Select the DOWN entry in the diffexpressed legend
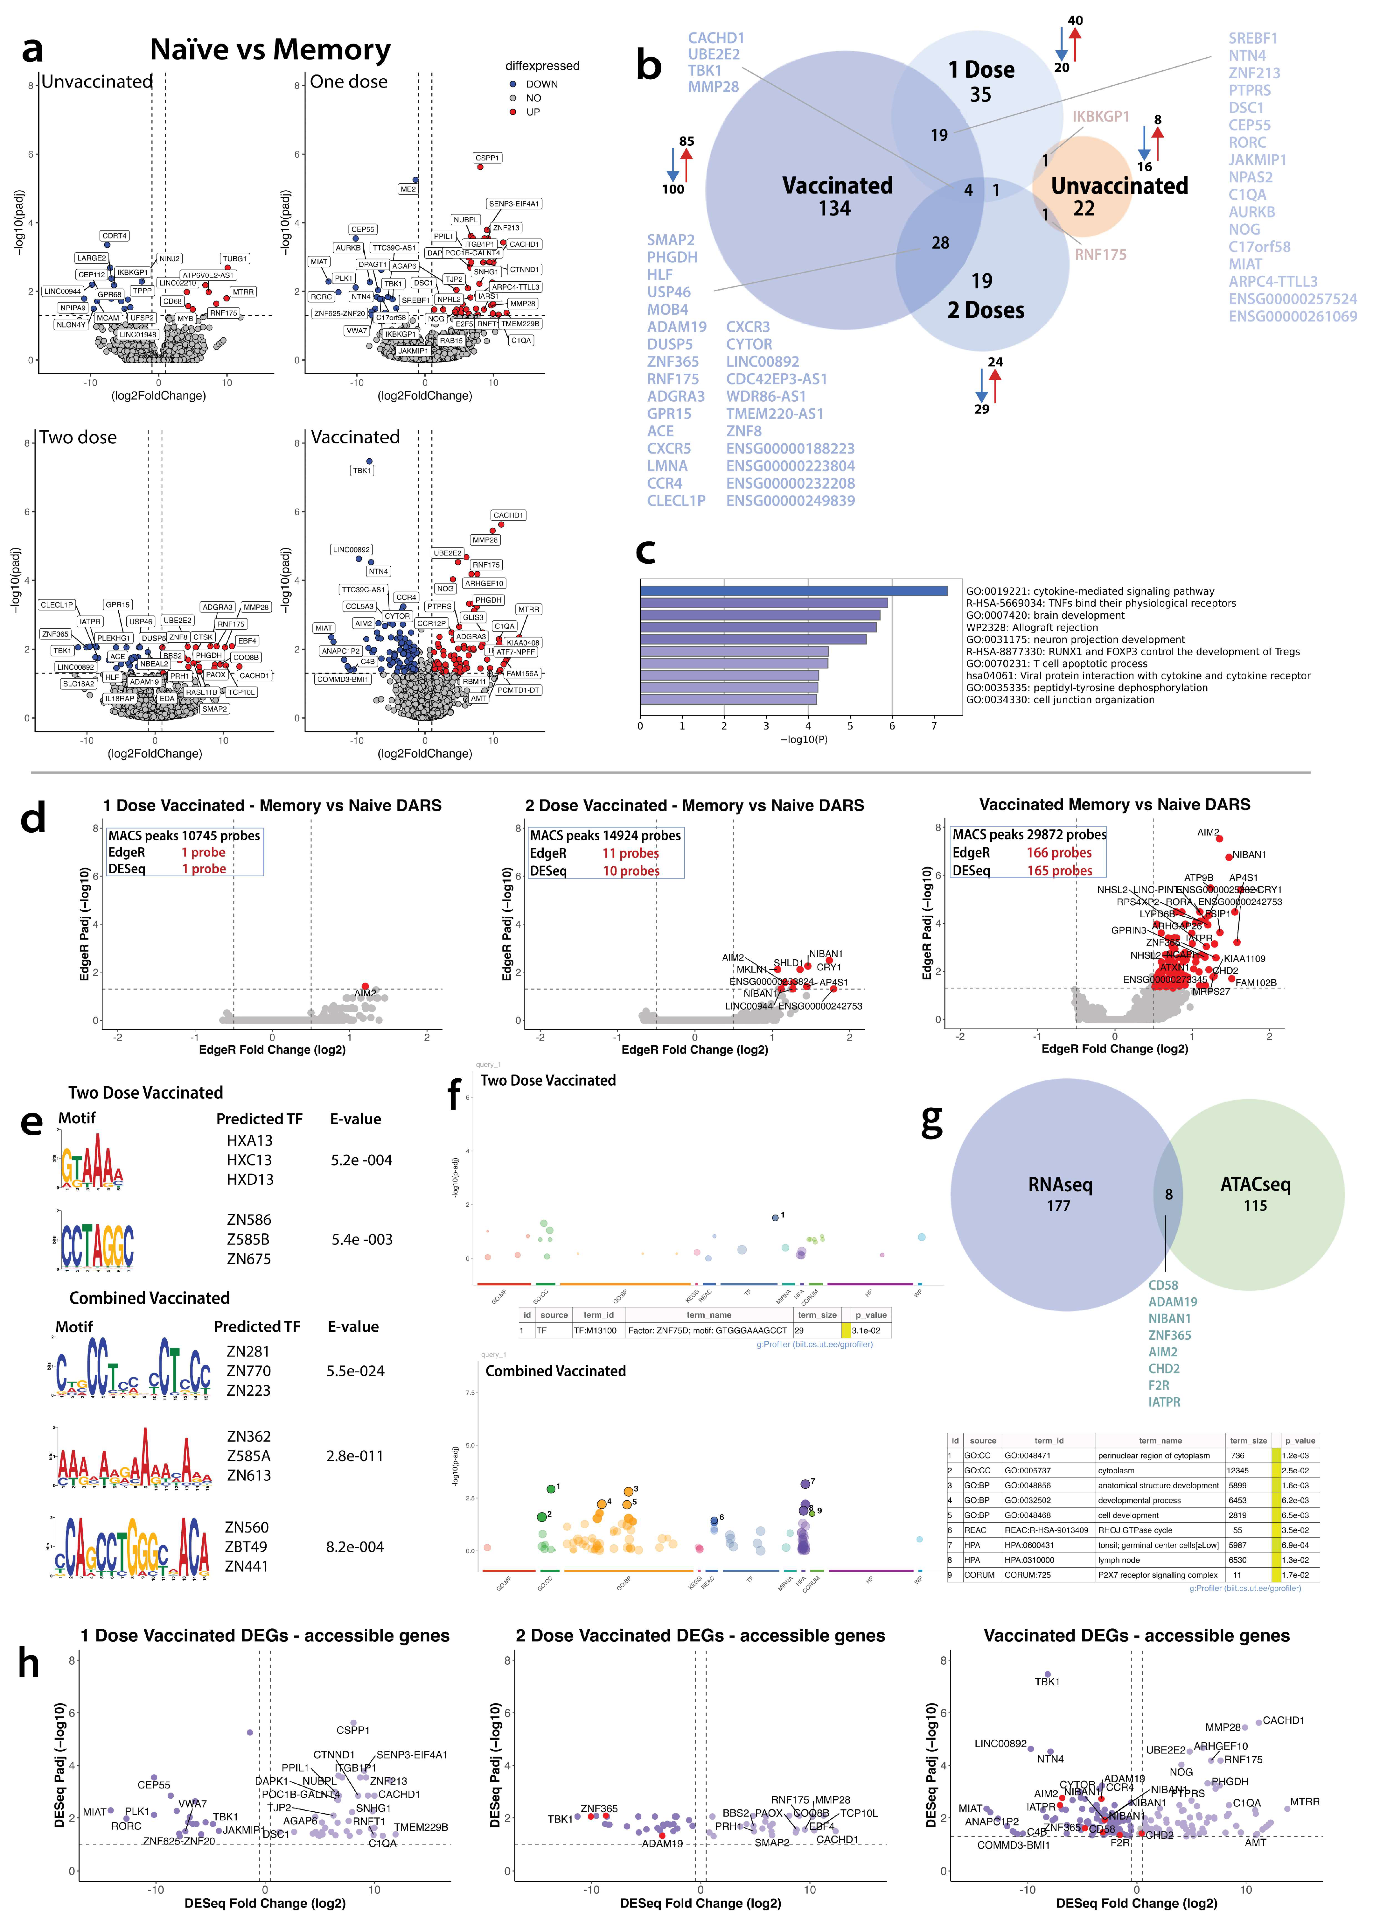(x=541, y=84)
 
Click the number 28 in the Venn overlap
(x=940, y=243)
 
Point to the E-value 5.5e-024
(x=355, y=1371)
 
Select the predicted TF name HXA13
(x=249, y=1140)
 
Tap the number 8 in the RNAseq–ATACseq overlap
(x=1168, y=1195)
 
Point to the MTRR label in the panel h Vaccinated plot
(x=1305, y=1802)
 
